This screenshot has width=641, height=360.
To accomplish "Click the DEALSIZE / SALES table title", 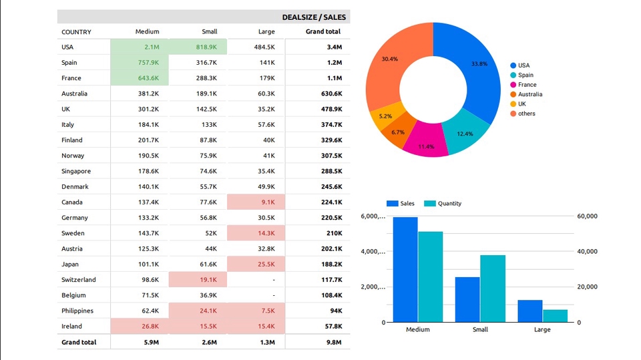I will point(314,17).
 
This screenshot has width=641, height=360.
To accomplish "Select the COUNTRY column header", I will point(76,32).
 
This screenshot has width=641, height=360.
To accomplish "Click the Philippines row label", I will point(77,311).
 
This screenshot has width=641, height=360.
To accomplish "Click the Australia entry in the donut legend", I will point(530,94).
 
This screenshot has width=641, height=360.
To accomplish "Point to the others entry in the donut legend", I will point(526,114).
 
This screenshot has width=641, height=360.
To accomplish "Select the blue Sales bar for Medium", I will point(405,270).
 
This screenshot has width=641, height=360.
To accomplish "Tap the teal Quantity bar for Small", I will point(493,289).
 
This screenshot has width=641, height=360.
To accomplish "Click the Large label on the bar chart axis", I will point(542,330).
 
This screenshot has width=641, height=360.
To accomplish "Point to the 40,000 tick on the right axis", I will point(587,252).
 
